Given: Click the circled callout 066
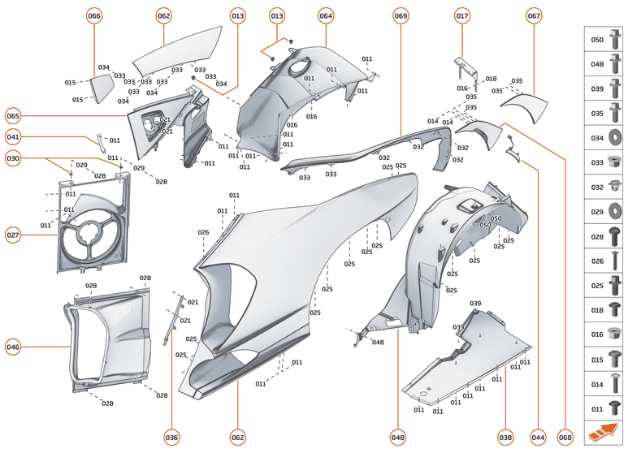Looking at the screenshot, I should pyautogui.click(x=94, y=16).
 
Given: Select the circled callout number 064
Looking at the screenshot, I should pyautogui.click(x=326, y=16).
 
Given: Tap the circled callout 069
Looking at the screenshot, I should pyautogui.click(x=401, y=16).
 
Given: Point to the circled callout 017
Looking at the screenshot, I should pyautogui.click(x=462, y=16).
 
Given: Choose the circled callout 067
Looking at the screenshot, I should pyautogui.click(x=534, y=16).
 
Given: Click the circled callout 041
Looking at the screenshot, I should pyautogui.click(x=13, y=137).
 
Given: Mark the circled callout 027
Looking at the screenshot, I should pyautogui.click(x=13, y=235).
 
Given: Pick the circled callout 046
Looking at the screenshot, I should pyautogui.click(x=13, y=347).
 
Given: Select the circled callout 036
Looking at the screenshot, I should pyautogui.click(x=171, y=438).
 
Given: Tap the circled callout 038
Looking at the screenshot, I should pyautogui.click(x=506, y=438).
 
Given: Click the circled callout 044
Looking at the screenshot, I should pyautogui.click(x=537, y=438).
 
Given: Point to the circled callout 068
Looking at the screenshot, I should pyautogui.click(x=565, y=438).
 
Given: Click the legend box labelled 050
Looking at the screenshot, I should pyautogui.click(x=605, y=39).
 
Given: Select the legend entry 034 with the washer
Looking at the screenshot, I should pyautogui.click(x=605, y=137).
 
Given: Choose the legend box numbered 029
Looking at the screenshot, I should pyautogui.click(x=605, y=211).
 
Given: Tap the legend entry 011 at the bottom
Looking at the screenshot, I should pyautogui.click(x=605, y=408).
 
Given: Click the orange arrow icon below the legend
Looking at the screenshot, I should pyautogui.click(x=604, y=433).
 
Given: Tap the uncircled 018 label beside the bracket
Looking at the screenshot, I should pyautogui.click(x=491, y=79).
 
